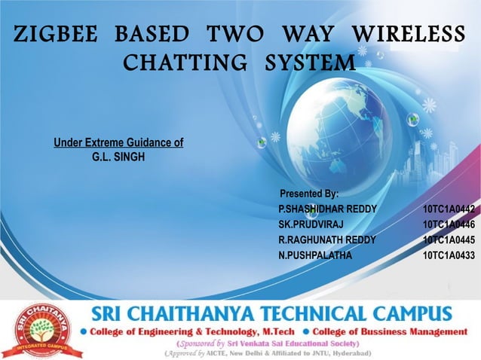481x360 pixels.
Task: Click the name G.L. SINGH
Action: pos(117,157)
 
